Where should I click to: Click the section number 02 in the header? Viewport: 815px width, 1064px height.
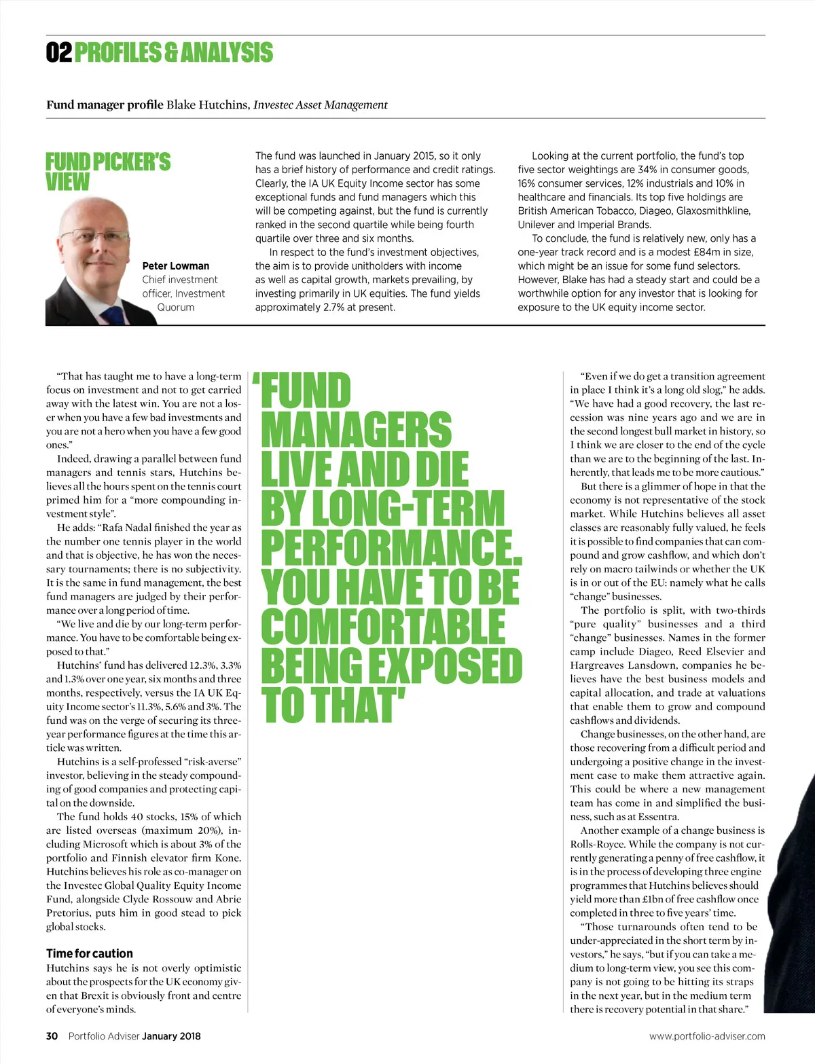click(x=58, y=52)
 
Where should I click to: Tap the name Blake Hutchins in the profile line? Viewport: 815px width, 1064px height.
click(x=208, y=105)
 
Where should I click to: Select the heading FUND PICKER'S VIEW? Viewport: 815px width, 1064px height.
click(x=107, y=172)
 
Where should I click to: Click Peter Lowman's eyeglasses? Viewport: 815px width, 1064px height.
click(x=95, y=236)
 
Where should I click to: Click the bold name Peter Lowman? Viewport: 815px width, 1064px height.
click(x=176, y=265)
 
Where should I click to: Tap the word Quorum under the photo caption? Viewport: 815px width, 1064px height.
click(x=176, y=307)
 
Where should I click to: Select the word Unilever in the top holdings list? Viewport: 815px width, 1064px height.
click(x=536, y=225)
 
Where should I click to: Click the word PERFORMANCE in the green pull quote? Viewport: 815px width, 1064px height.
click(x=390, y=547)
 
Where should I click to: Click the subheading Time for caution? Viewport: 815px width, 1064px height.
click(x=90, y=953)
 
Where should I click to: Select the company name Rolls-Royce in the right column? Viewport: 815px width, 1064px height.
click(x=598, y=844)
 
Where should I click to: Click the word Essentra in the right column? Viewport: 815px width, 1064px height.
click(x=657, y=817)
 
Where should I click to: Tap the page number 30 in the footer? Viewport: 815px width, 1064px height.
click(x=52, y=1036)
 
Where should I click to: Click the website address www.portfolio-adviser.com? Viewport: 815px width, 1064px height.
click(x=707, y=1036)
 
